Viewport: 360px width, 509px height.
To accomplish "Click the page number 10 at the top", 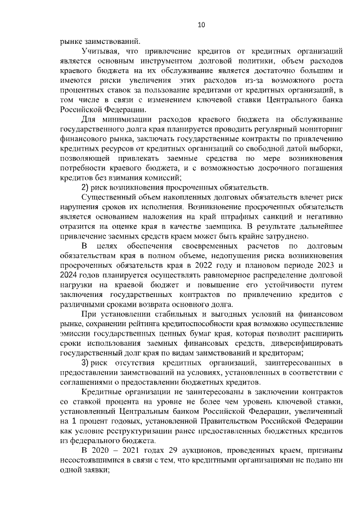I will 201,25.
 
